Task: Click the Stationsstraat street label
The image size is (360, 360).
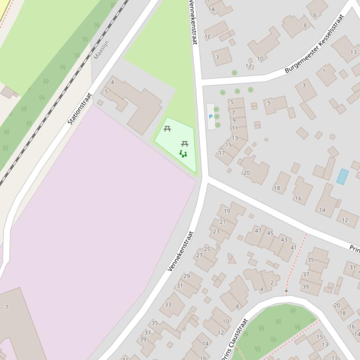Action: (80, 109)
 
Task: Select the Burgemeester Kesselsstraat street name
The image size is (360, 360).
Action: (314, 43)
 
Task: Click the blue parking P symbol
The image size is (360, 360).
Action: (211, 117)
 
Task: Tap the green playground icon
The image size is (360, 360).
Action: (183, 154)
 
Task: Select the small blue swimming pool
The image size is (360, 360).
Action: (342, 176)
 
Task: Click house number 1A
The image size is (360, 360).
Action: (212, 9)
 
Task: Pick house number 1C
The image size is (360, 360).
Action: (208, 36)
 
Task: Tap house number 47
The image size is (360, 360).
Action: (258, 230)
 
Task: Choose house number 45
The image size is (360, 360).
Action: (270, 233)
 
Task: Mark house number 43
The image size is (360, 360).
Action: (284, 239)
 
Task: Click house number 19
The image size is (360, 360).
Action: (227, 211)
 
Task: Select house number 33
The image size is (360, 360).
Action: (168, 304)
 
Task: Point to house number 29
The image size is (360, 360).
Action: (187, 276)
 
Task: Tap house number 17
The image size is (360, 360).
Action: (222, 153)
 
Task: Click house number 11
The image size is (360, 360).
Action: (235, 128)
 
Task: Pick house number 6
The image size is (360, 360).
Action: (315, 15)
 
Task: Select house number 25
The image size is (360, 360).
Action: (207, 249)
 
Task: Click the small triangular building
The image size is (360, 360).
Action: (231, 259)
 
